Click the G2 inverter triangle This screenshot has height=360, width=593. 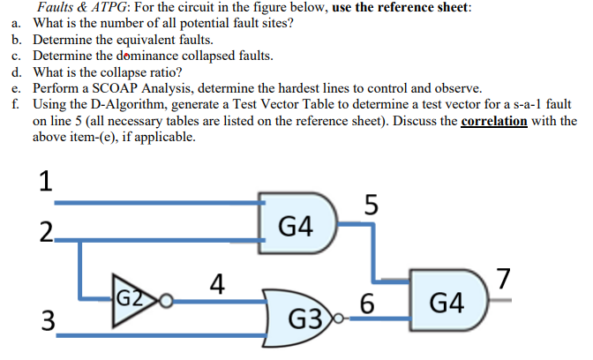(131, 300)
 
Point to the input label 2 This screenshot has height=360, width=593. (44, 234)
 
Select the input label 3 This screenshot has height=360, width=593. (44, 319)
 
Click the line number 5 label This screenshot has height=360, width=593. (372, 205)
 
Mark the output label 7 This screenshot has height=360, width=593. (503, 276)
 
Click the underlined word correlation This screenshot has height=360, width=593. (494, 122)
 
